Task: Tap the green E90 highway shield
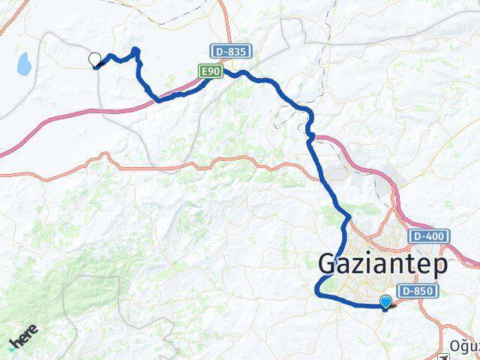pos(209,70)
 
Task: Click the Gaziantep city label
pos(383,264)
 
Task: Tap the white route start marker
pos(95,60)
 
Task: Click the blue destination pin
pos(386,302)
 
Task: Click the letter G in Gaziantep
pos(330,264)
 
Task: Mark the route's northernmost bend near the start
pos(136,51)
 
